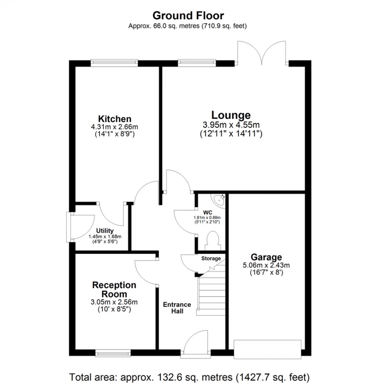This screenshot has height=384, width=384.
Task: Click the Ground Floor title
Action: [x=188, y=16]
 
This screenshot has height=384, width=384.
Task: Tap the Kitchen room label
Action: [x=114, y=119]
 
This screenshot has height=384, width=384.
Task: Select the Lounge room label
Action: [x=231, y=115]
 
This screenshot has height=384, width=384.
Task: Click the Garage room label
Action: [x=266, y=257]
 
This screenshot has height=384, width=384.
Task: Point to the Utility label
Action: [x=105, y=231]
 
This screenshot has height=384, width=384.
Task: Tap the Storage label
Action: [x=211, y=259]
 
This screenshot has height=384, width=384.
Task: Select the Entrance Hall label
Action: [x=177, y=308]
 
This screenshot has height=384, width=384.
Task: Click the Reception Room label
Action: [x=114, y=290]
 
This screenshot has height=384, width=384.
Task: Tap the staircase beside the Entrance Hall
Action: [x=211, y=292]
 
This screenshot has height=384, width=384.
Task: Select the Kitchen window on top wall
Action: [x=114, y=62]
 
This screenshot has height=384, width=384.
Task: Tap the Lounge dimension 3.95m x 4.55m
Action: [x=231, y=125]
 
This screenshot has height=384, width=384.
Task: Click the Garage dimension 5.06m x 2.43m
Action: [x=266, y=265]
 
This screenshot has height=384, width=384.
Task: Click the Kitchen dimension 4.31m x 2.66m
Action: [x=114, y=127]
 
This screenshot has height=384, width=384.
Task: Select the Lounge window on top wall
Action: [x=197, y=62]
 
